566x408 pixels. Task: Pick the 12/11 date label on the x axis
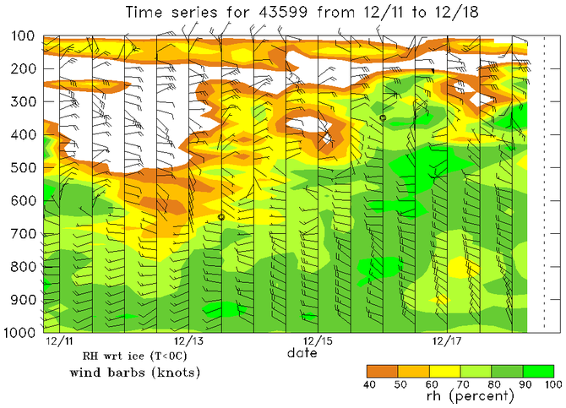(x=58, y=341)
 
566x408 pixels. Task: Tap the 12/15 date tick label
(x=318, y=341)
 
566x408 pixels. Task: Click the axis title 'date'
(x=302, y=352)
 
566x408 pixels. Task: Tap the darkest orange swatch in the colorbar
(x=382, y=371)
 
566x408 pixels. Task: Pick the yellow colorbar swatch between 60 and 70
(x=445, y=371)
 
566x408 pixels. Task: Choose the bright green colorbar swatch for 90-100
(x=539, y=371)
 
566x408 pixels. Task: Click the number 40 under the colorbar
(x=367, y=384)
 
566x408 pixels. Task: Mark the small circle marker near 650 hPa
(x=221, y=217)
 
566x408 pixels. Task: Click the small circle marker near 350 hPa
(x=383, y=118)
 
